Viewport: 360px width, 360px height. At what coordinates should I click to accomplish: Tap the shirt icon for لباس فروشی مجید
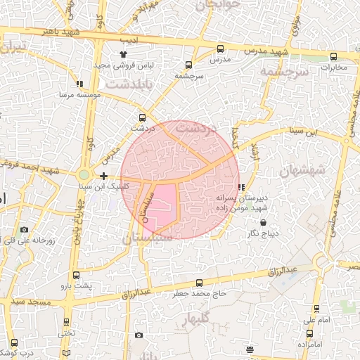click(x=124, y=53)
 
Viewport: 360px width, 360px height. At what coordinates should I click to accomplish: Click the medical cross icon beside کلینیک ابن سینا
click(x=104, y=176)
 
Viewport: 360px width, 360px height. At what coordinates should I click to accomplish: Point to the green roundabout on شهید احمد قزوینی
click(x=84, y=174)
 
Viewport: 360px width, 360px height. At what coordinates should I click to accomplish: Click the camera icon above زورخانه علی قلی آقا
click(x=25, y=229)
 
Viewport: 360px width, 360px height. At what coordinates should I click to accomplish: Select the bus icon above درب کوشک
click(x=14, y=342)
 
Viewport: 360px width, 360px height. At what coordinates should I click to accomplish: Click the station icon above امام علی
click(x=316, y=309)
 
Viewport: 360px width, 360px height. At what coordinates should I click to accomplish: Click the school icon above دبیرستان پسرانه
click(x=241, y=188)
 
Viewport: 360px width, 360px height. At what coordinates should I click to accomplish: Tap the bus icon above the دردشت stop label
click(x=143, y=117)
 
